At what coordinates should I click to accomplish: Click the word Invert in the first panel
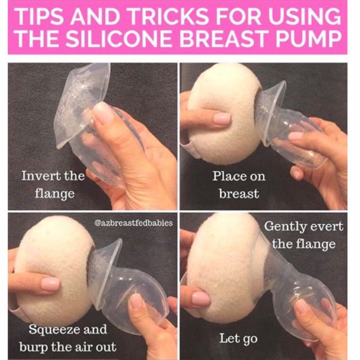pos(41,176)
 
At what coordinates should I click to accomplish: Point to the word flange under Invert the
pos(55,194)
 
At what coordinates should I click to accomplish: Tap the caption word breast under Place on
pos(239,193)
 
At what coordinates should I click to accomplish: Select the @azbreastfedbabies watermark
pos(133,223)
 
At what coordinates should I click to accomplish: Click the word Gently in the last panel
pos(285,227)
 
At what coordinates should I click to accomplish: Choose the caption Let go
pos(238,339)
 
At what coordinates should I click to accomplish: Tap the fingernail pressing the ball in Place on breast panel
pos(222,119)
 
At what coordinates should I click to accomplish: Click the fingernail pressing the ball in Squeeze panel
pos(50,284)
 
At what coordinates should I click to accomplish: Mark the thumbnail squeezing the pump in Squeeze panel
pos(137,301)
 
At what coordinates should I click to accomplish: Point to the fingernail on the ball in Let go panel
pos(201,299)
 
